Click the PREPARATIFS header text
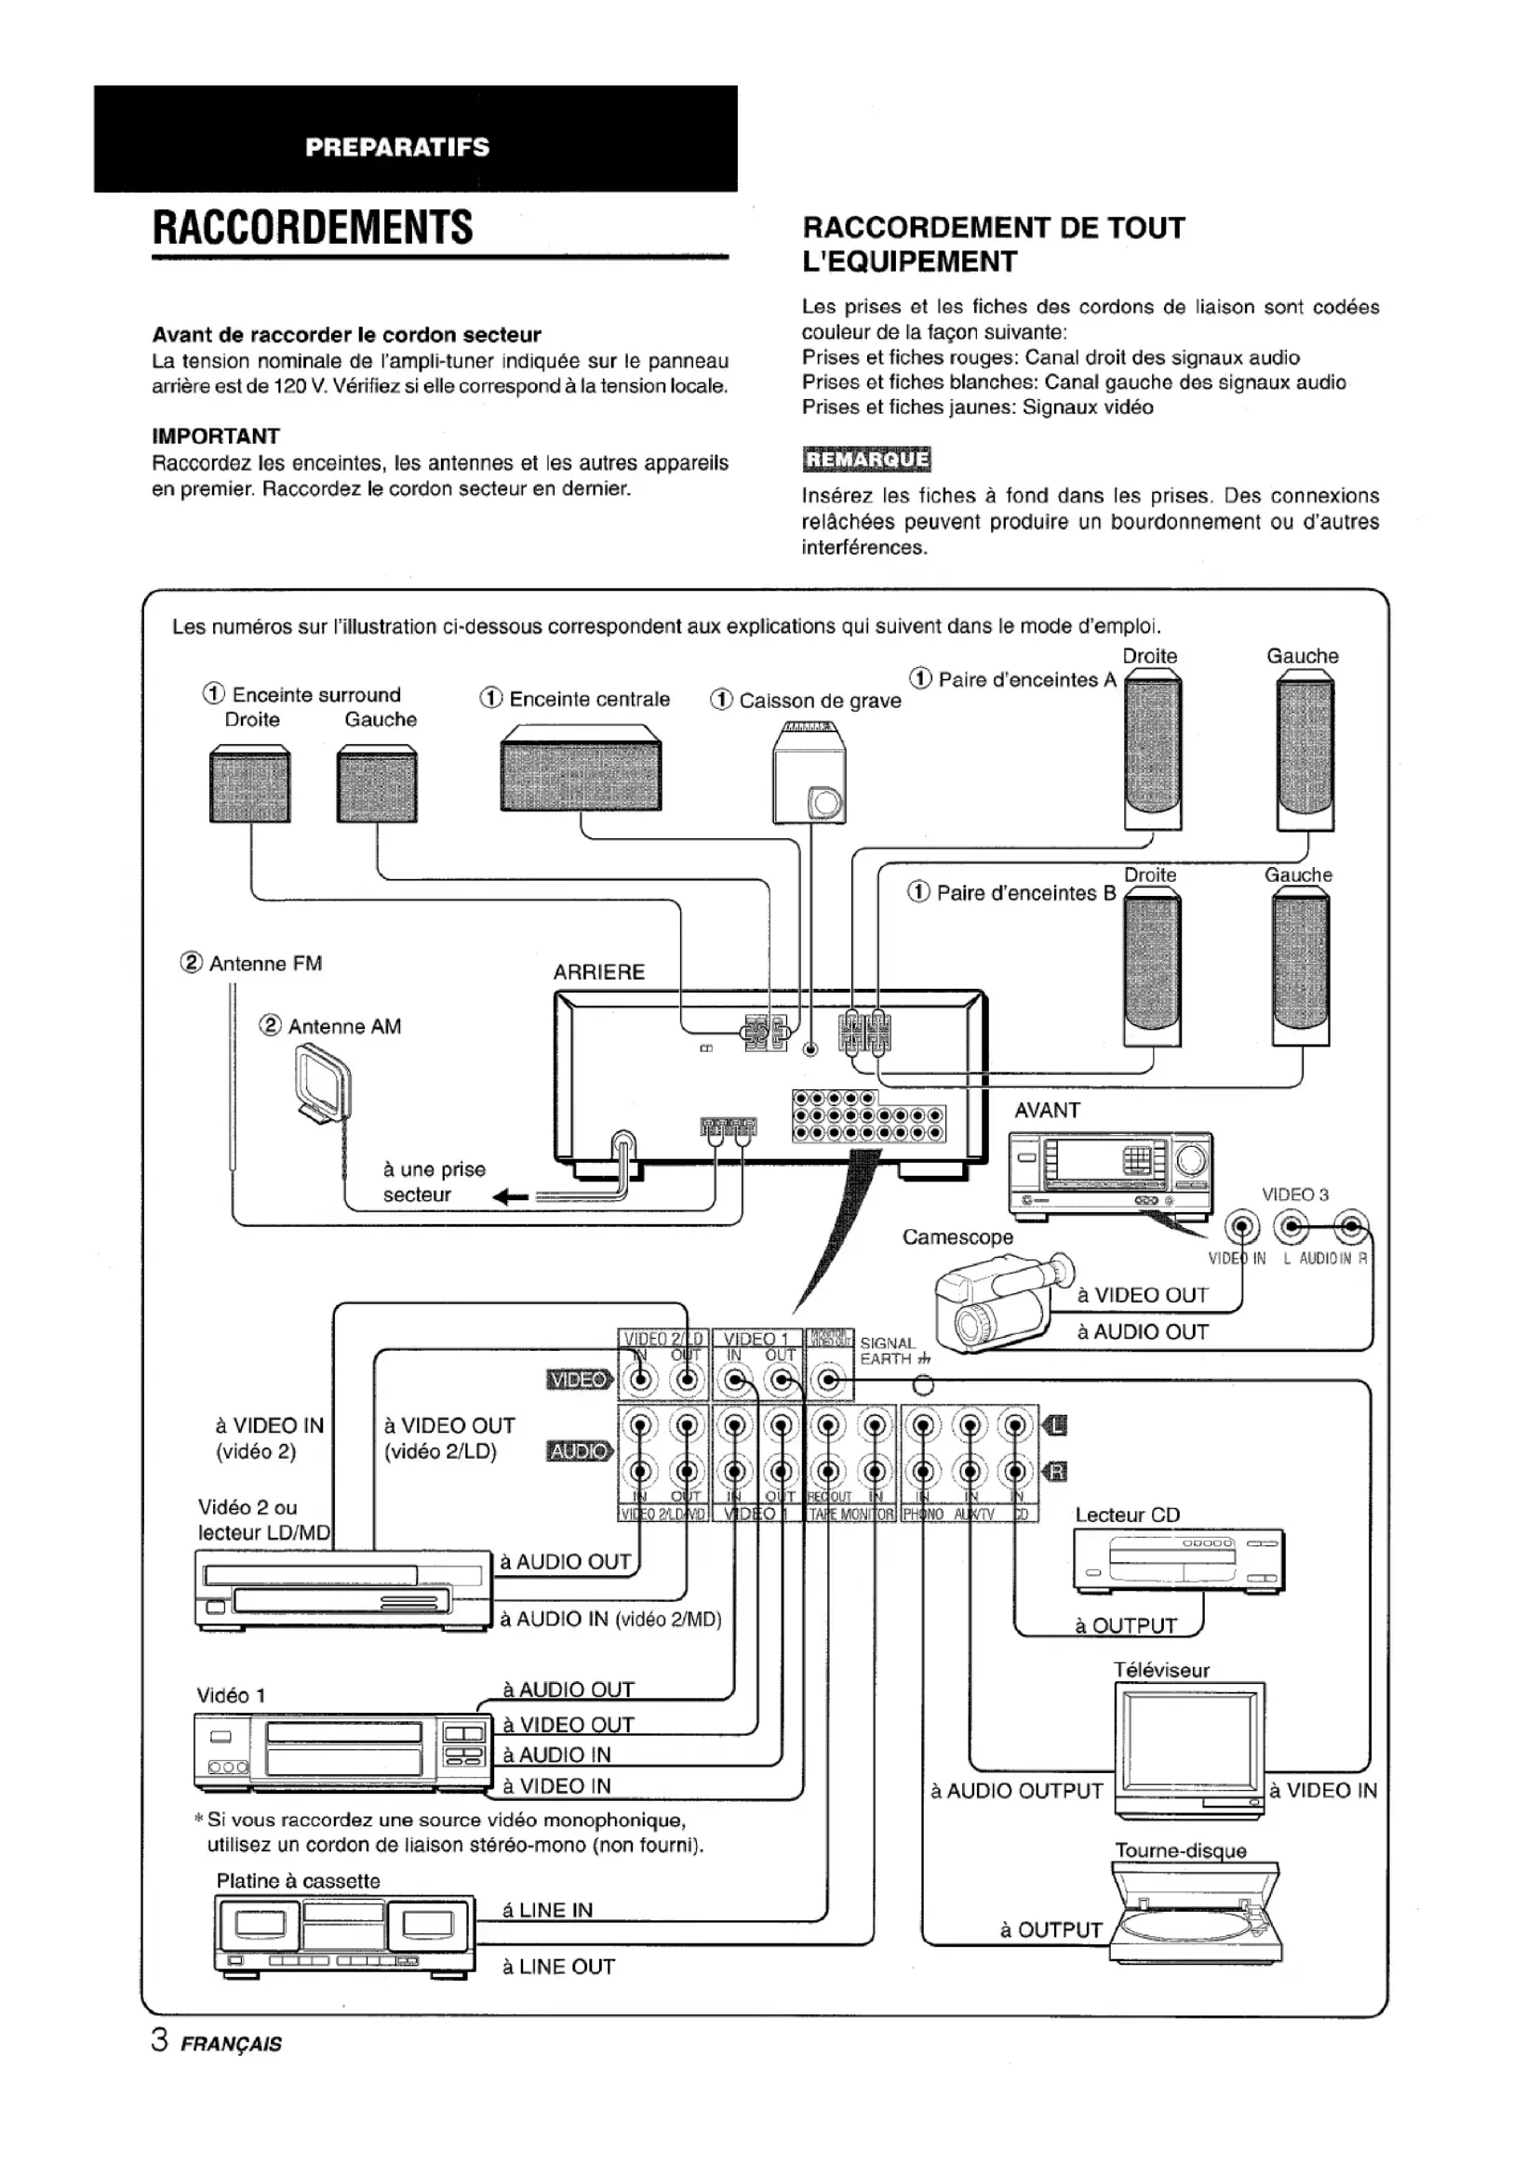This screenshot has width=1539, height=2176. click(x=397, y=147)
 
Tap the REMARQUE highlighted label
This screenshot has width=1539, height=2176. click(x=866, y=460)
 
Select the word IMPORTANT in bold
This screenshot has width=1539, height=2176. click(x=216, y=436)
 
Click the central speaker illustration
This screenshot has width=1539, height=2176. click(x=580, y=768)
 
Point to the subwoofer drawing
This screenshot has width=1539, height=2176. click(x=810, y=773)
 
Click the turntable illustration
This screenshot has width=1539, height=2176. click(x=1197, y=1912)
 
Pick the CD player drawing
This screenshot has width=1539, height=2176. click(x=1179, y=1561)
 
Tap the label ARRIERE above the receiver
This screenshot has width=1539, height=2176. click(x=599, y=972)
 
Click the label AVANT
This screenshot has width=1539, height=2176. click(x=1047, y=1110)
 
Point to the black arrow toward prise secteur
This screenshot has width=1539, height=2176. click(x=511, y=1198)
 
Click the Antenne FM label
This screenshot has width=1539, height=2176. click(x=265, y=964)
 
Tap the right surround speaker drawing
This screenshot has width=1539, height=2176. click(x=250, y=783)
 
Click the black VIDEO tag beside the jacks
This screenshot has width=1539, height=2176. click(x=579, y=1380)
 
